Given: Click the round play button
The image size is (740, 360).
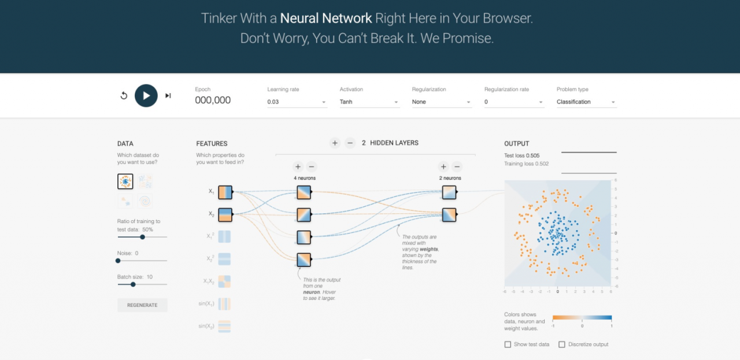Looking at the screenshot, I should pyautogui.click(x=146, y=95).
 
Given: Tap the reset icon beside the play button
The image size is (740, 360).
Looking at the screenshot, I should pyautogui.click(x=124, y=95).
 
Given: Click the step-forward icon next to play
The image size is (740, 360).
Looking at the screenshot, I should pyautogui.click(x=168, y=95).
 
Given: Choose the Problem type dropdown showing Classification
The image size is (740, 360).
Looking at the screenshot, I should pyautogui.click(x=586, y=102).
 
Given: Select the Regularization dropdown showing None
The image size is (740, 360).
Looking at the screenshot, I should pyautogui.click(x=442, y=102).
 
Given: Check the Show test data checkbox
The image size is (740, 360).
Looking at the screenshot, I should pyautogui.click(x=508, y=344).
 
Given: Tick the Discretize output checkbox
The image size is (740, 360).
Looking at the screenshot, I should pyautogui.click(x=562, y=344).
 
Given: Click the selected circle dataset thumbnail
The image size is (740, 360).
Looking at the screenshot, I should pyautogui.click(x=125, y=181).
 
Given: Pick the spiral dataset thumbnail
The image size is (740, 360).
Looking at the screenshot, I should pyautogui.click(x=145, y=201).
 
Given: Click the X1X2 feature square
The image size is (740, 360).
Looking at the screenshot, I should pyautogui.click(x=225, y=281).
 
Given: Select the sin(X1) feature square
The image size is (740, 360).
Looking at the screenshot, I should pyautogui.click(x=225, y=304).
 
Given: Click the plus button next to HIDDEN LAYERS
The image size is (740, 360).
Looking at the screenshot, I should pyautogui.click(x=335, y=143).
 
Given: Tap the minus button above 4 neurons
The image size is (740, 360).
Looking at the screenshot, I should pyautogui.click(x=312, y=166).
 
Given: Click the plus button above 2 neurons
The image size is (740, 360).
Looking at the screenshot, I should pyautogui.click(x=443, y=166).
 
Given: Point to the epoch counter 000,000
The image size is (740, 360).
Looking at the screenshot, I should pyautogui.click(x=213, y=101).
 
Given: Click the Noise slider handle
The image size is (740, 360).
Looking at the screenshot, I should pyautogui.click(x=118, y=261).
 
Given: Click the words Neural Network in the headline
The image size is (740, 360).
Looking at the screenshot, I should pyautogui.click(x=326, y=18).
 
